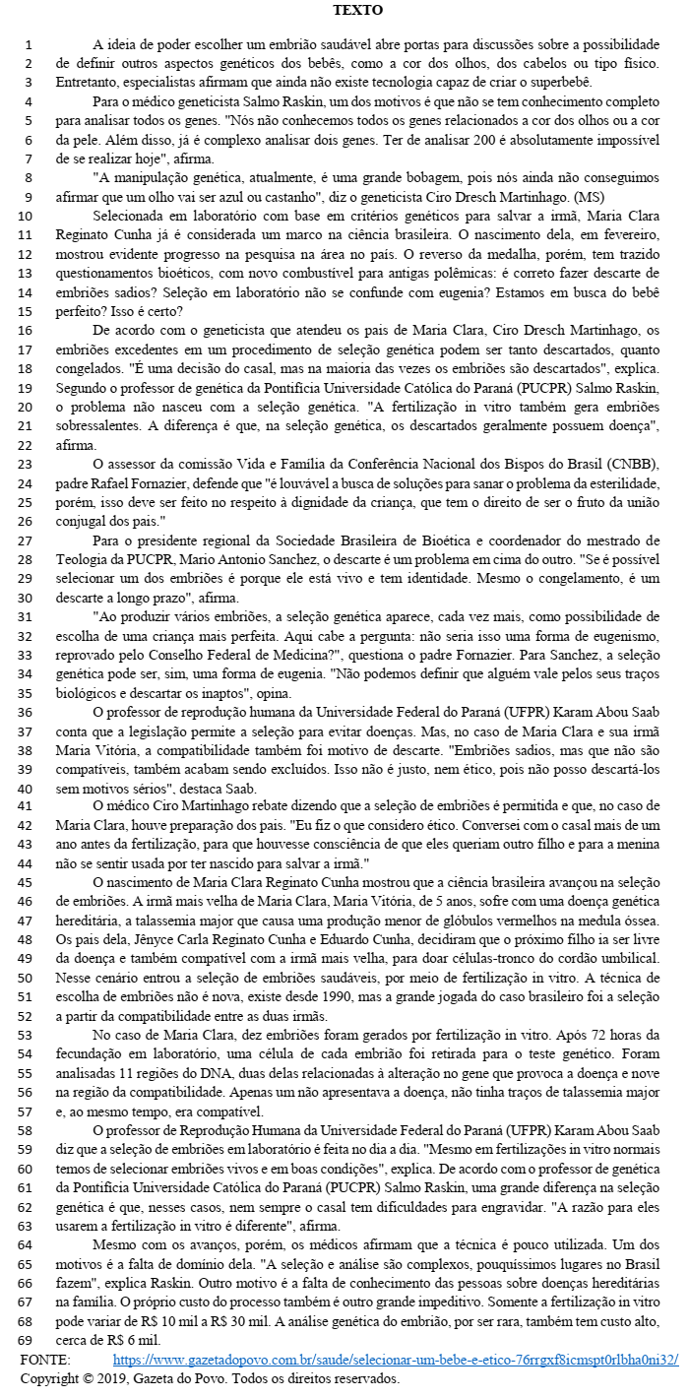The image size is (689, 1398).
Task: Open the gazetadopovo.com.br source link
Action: (396, 1360)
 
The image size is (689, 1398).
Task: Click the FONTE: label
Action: (45, 1360)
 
